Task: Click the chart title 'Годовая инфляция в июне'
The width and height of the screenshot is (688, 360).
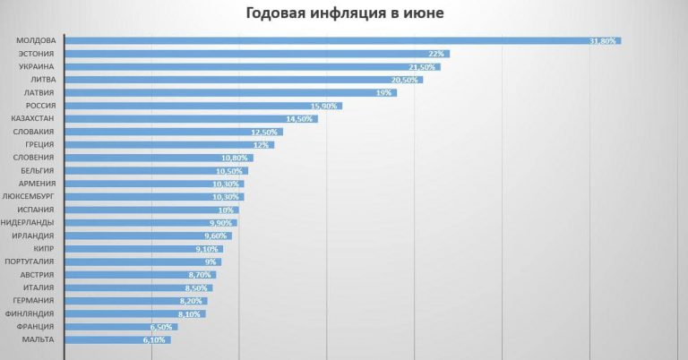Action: pyautogui.click(x=344, y=14)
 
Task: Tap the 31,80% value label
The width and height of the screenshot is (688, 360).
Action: pyautogui.click(x=603, y=41)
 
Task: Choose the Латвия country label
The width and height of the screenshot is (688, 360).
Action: pyautogui.click(x=40, y=92)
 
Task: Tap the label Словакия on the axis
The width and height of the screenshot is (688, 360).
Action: pyautogui.click(x=36, y=132)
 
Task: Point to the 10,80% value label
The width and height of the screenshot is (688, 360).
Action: pyautogui.click(x=235, y=158)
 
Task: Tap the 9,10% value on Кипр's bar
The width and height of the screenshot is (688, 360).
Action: pyautogui.click(x=205, y=249)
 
